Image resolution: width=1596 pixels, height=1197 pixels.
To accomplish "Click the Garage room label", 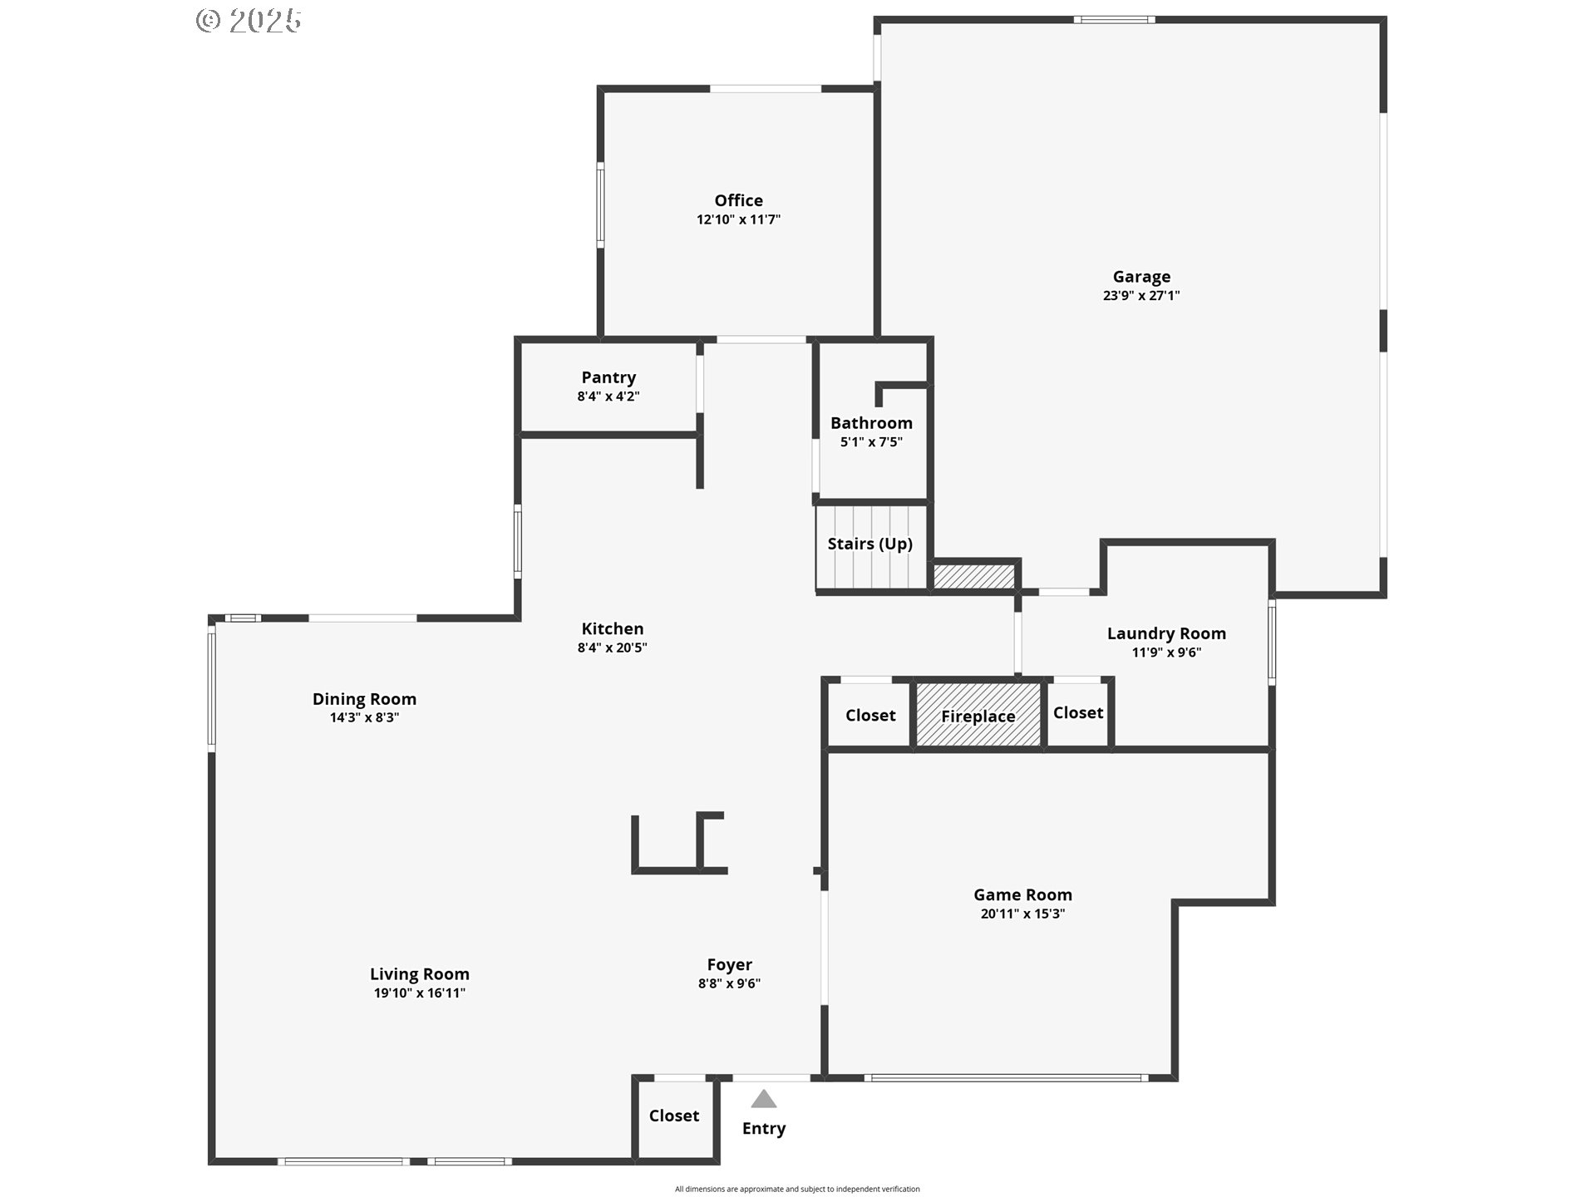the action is pyautogui.click(x=1141, y=277).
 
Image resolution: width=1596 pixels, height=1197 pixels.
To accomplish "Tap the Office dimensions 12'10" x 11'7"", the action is pyautogui.click(x=738, y=219).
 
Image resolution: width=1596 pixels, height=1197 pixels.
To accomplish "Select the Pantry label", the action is pyautogui.click(x=608, y=378).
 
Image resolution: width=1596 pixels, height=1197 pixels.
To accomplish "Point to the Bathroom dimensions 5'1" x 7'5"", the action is pyautogui.click(x=871, y=442).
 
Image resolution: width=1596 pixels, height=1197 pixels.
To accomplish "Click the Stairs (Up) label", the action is pyautogui.click(x=869, y=544).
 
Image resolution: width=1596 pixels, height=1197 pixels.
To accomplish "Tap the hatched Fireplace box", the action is pyautogui.click(x=978, y=715).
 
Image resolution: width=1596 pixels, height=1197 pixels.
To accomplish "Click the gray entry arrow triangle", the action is pyautogui.click(x=764, y=1099).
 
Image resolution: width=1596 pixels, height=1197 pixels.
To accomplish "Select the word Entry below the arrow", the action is pyautogui.click(x=764, y=1129).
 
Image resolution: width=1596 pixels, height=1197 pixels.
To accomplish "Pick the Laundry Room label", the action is pyautogui.click(x=1166, y=633).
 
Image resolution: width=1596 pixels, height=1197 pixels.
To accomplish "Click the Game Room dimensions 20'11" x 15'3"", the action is pyautogui.click(x=1022, y=914).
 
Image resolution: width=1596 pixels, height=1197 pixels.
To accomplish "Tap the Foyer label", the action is pyautogui.click(x=729, y=965).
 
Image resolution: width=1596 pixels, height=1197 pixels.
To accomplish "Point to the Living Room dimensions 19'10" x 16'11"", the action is pyautogui.click(x=419, y=993).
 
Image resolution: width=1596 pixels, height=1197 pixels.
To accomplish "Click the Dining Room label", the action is pyautogui.click(x=364, y=699).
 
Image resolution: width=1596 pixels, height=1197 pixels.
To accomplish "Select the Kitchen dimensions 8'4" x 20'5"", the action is pyautogui.click(x=612, y=648).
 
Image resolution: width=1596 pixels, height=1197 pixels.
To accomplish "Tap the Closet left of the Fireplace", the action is pyautogui.click(x=869, y=715).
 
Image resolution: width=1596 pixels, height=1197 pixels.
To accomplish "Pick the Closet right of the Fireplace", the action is pyautogui.click(x=1078, y=713).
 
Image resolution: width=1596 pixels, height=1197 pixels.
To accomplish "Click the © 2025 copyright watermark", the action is pyautogui.click(x=249, y=21).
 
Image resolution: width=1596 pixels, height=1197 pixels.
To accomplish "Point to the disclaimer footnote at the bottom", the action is pyautogui.click(x=797, y=1189).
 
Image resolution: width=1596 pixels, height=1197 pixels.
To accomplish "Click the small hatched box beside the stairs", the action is pyautogui.click(x=974, y=576).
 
